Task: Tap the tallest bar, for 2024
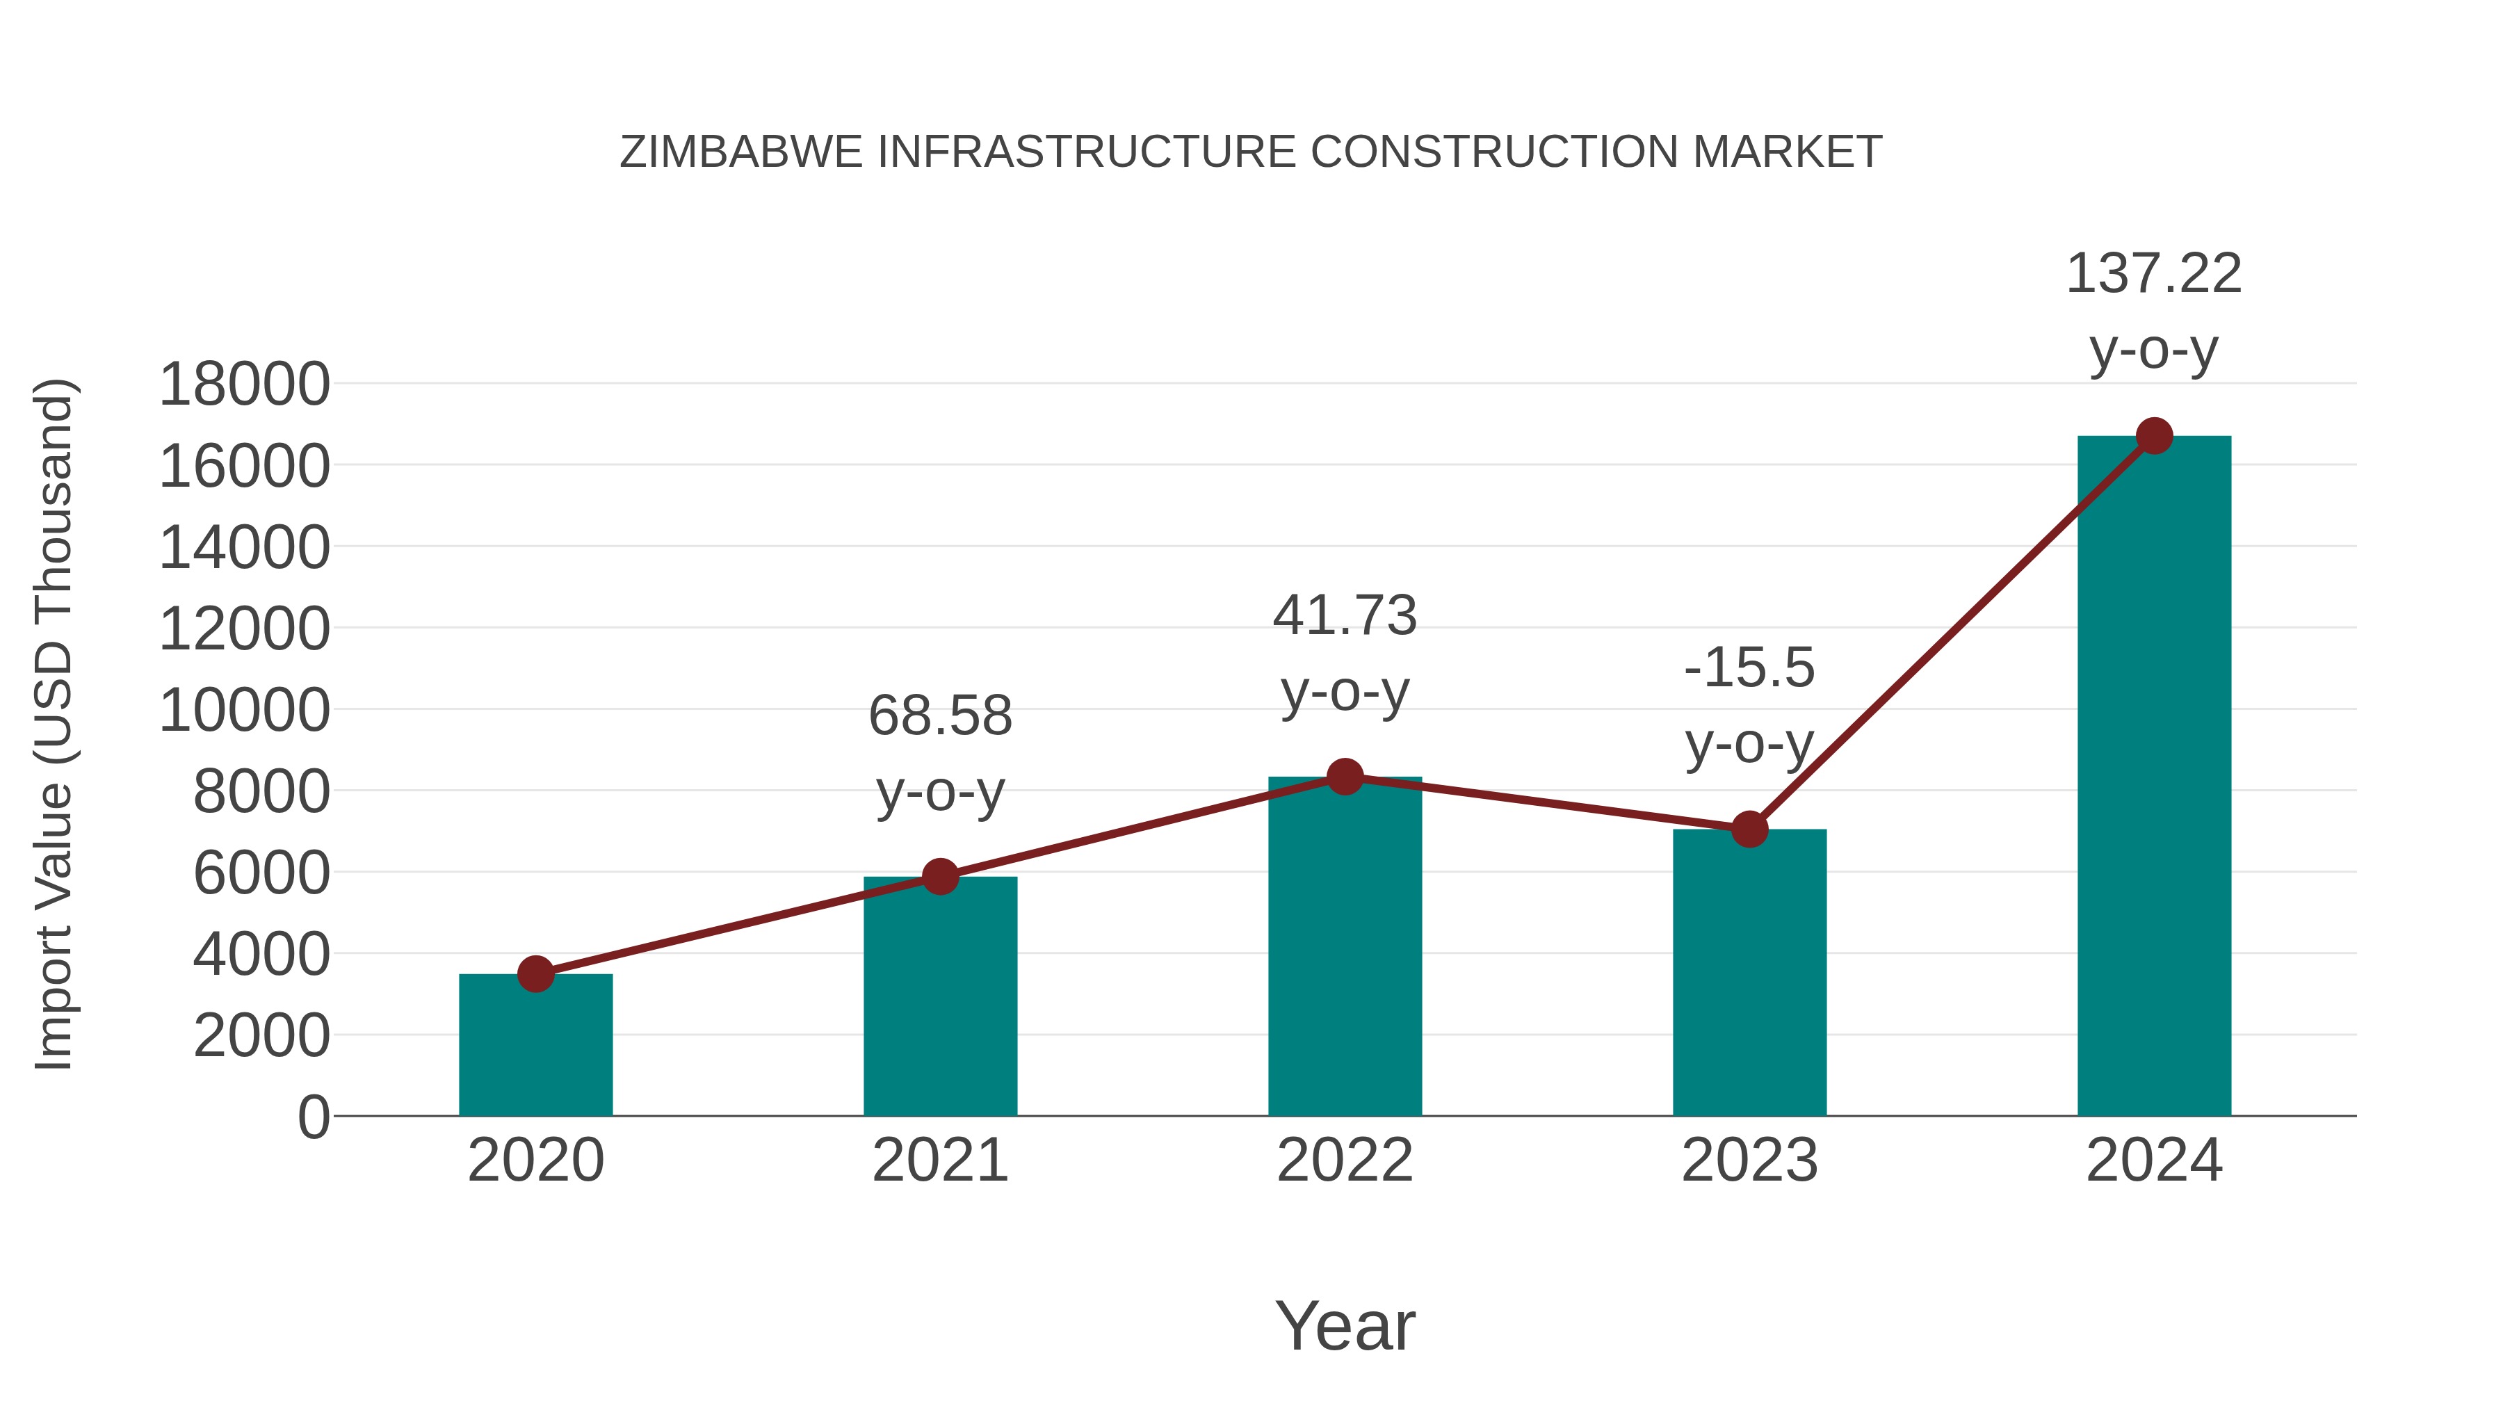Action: coord(2153,777)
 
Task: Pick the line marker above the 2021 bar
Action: coord(939,877)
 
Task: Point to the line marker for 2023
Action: coord(1749,829)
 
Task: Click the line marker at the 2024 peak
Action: coord(2154,436)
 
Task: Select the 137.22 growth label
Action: coord(2153,274)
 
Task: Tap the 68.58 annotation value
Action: coord(939,716)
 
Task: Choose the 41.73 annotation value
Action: coord(1345,616)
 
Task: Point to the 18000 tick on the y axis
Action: coord(244,385)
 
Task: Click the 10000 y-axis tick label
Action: coord(244,711)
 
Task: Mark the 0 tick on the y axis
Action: coord(313,1117)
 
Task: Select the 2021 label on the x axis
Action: coord(939,1160)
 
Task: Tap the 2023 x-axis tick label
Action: coord(1749,1160)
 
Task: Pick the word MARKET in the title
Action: coord(1787,152)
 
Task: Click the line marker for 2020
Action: coord(535,973)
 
